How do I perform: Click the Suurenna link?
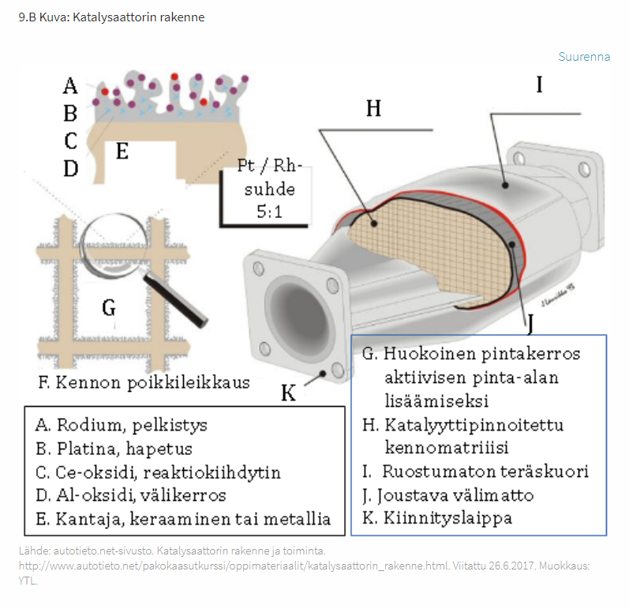584,57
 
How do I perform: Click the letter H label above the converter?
373,108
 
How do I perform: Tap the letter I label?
540,85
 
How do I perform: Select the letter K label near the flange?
289,393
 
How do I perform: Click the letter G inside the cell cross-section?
109,307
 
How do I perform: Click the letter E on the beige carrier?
122,151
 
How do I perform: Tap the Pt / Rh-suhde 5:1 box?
265,190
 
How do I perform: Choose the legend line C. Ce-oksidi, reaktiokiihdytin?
158,472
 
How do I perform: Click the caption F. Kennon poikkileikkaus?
144,382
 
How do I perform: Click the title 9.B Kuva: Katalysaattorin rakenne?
111,17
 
